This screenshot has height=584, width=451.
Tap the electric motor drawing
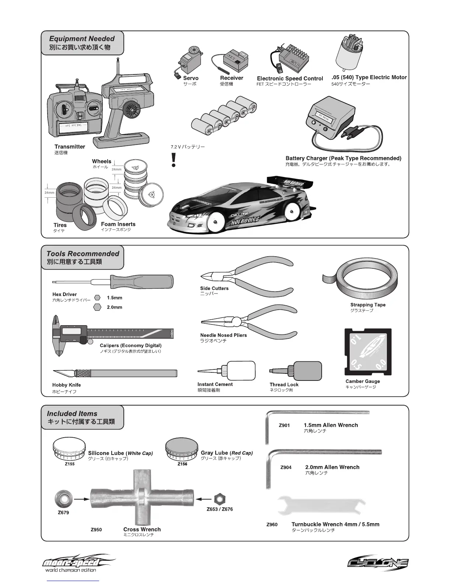coord(350,53)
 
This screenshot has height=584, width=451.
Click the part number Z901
coord(284,425)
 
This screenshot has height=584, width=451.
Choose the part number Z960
coord(272,525)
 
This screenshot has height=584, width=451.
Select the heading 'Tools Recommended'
coord(83,254)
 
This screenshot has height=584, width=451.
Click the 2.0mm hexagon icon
coord(98,307)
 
